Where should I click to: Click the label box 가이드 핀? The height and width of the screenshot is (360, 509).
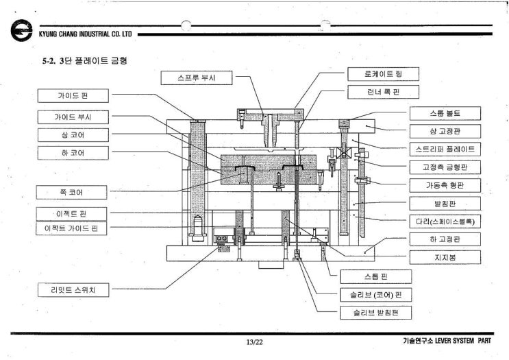tap(73, 96)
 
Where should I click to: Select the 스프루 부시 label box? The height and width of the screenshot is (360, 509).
tap(197, 77)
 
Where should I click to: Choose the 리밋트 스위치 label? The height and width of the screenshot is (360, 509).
tap(73, 290)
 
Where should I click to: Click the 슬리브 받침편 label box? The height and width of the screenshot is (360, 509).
tap(375, 313)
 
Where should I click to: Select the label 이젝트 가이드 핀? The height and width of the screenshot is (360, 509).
tap(73, 228)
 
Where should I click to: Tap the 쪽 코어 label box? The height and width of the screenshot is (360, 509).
tap(73, 191)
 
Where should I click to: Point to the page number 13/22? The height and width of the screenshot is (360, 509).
tap(254, 342)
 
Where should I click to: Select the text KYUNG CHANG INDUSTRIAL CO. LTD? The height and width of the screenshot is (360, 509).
tap(81, 33)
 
